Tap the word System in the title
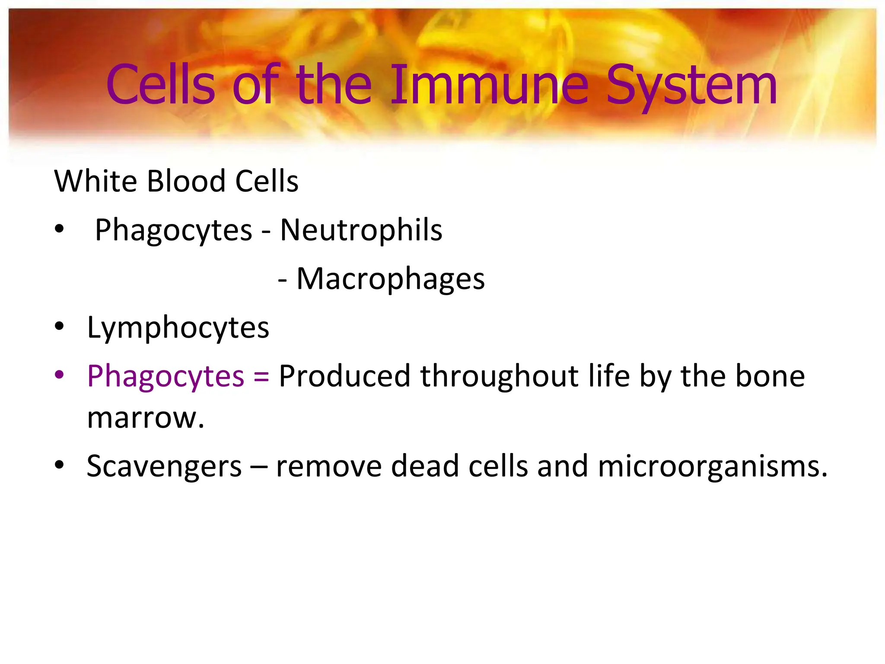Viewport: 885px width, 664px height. (691, 85)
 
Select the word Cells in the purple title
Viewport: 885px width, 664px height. (161, 85)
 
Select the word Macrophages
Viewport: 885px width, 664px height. (391, 279)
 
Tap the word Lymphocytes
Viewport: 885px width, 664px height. (178, 328)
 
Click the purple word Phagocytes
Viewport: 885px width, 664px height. (166, 376)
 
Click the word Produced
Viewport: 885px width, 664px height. (344, 376)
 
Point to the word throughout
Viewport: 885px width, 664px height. (500, 376)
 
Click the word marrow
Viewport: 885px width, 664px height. (145, 418)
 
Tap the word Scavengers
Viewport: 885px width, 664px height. (164, 467)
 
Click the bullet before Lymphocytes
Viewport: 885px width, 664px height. (59, 326)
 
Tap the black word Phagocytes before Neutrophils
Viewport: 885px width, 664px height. (173, 230)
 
